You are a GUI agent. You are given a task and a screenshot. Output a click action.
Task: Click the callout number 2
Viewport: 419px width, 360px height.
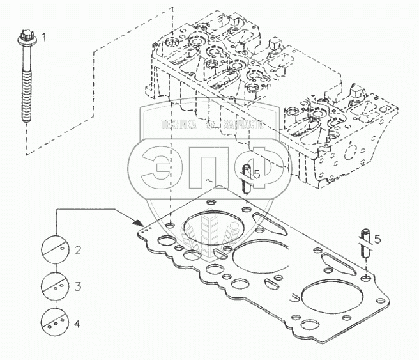pos(77,250)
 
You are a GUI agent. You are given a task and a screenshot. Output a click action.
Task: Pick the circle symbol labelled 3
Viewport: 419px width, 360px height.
pos(55,285)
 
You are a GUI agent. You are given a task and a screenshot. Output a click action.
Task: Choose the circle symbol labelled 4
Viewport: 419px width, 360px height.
pos(55,322)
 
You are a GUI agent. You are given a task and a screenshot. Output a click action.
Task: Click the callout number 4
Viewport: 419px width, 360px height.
pos(77,324)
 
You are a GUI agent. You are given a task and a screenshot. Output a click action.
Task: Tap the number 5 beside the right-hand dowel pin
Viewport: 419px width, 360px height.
pos(377,239)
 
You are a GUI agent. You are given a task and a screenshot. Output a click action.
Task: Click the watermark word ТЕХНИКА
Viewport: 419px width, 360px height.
pos(179,126)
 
